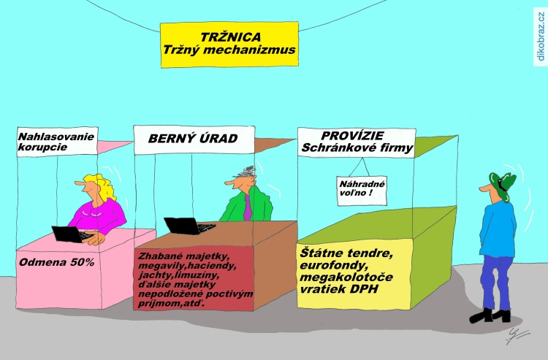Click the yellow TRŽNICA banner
click(x=229, y=45)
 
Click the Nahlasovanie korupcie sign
click(x=57, y=142)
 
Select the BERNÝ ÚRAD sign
click(x=194, y=139)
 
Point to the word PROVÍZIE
click(x=352, y=136)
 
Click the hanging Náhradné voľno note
click(x=362, y=191)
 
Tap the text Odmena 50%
click(x=56, y=262)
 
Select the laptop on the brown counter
click(x=189, y=226)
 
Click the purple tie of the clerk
click(x=248, y=207)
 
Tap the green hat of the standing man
click(x=503, y=185)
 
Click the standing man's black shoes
click(x=490, y=315)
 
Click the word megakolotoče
click(x=346, y=277)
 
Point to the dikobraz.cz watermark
click(x=541, y=37)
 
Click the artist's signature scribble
click(x=517, y=336)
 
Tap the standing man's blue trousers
click(x=496, y=282)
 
